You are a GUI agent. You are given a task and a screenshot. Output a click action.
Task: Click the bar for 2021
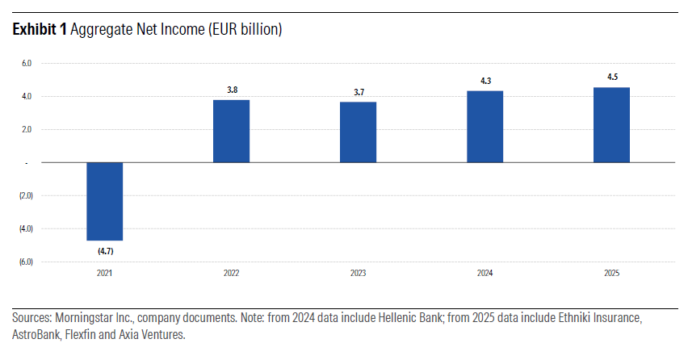pos(104,201)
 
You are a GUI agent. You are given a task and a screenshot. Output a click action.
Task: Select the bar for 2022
pos(231,131)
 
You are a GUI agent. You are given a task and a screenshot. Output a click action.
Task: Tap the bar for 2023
pos(358,132)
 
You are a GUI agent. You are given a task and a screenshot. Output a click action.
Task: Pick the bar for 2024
pos(485,127)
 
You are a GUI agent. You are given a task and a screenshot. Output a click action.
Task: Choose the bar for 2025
pos(611,125)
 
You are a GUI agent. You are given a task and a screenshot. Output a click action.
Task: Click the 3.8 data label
pos(232,90)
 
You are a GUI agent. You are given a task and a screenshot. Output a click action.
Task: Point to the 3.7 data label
pos(359,92)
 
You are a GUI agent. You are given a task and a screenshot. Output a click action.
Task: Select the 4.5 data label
pos(612,78)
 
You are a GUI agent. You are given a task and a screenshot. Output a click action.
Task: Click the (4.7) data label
pos(105,251)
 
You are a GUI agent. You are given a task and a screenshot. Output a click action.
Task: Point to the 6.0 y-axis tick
pos(26,63)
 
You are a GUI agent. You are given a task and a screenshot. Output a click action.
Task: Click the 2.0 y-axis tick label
pos(26,129)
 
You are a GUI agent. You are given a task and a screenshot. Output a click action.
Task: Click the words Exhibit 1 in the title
pos(40,30)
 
